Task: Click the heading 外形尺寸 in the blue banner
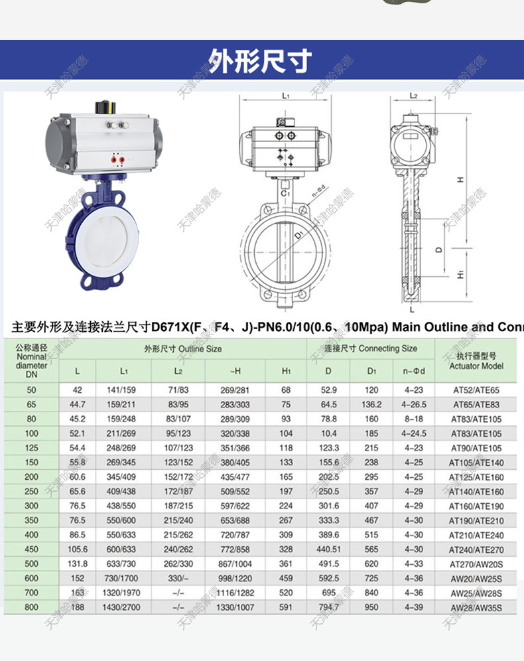coord(261,61)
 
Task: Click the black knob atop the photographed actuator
coord(105,106)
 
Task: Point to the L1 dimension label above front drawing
coord(286,96)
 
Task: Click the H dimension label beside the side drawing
coord(460,179)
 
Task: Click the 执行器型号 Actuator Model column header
coord(476,361)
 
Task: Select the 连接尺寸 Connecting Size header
coord(370,348)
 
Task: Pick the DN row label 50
coord(32,390)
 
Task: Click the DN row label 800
coord(32,607)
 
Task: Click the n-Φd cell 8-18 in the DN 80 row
coord(413,419)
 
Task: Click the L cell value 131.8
coord(78,563)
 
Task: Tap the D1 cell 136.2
coord(371,404)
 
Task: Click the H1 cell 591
coord(286,607)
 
